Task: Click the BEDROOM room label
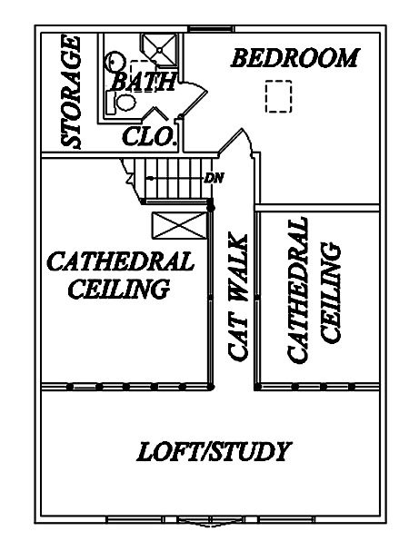[295, 58]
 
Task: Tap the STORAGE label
[72, 92]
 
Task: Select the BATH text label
[144, 81]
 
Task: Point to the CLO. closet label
[149, 136]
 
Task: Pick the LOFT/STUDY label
[214, 451]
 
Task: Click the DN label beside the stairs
[214, 178]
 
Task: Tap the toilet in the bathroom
[122, 102]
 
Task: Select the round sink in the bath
[115, 62]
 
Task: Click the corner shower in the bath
[158, 50]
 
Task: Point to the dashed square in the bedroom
[278, 96]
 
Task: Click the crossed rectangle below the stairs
[179, 226]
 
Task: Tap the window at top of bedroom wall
[206, 29]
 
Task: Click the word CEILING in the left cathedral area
[119, 288]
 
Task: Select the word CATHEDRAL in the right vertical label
[298, 290]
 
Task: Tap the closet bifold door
[155, 113]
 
